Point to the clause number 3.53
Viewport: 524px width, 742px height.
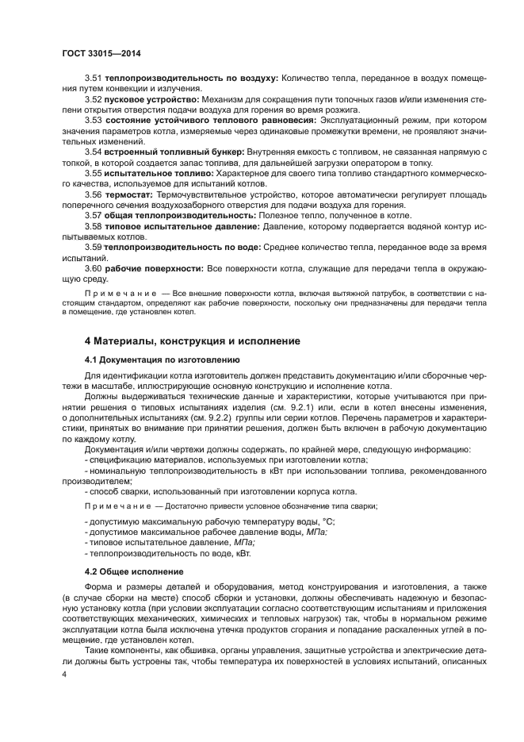[x=94, y=120]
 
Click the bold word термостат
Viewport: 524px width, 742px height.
[x=129, y=193]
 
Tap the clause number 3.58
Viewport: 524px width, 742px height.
[x=94, y=226]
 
